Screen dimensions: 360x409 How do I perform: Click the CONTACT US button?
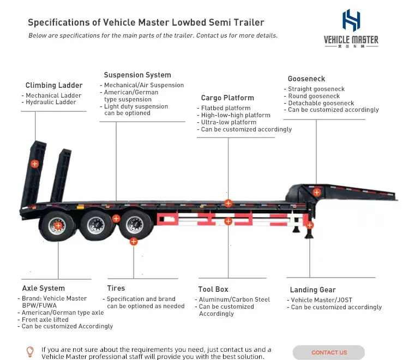click(329, 352)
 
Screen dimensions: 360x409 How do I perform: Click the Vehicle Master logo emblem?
click(351, 20)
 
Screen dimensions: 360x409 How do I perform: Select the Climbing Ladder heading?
click(54, 86)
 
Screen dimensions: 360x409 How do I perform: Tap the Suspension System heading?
click(137, 75)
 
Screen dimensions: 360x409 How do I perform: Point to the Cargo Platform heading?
click(227, 98)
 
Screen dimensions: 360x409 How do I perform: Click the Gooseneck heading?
click(306, 79)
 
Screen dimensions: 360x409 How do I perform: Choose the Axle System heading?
click(43, 288)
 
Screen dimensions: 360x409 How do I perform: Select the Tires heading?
click(116, 288)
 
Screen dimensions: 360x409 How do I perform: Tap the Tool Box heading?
click(213, 289)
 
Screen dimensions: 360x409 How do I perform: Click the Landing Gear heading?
click(312, 290)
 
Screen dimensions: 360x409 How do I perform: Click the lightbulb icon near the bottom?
click(30, 351)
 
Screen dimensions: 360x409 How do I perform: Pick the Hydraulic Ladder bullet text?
click(52, 103)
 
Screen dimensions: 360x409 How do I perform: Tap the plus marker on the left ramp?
click(34, 164)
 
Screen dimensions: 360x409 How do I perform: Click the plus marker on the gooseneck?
click(316, 192)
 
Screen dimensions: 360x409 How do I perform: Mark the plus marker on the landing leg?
click(310, 225)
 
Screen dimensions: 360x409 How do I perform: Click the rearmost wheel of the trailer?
click(58, 225)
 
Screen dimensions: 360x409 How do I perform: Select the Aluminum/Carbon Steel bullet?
click(234, 299)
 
